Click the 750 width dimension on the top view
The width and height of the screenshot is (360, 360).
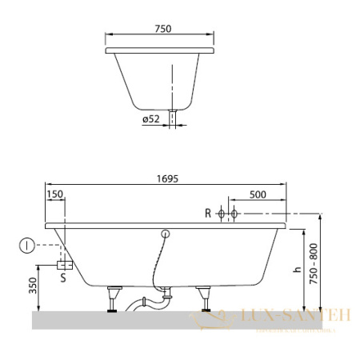click(x=163, y=28)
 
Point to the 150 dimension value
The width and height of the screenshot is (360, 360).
click(x=55, y=195)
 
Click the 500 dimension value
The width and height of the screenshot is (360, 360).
click(x=258, y=195)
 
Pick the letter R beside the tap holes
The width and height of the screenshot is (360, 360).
click(x=208, y=214)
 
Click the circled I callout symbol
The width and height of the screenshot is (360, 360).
click(x=28, y=246)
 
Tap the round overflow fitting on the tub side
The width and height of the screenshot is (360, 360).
click(x=166, y=234)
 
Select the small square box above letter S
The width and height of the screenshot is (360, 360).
click(x=64, y=263)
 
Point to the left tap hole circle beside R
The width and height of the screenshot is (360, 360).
click(x=222, y=214)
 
